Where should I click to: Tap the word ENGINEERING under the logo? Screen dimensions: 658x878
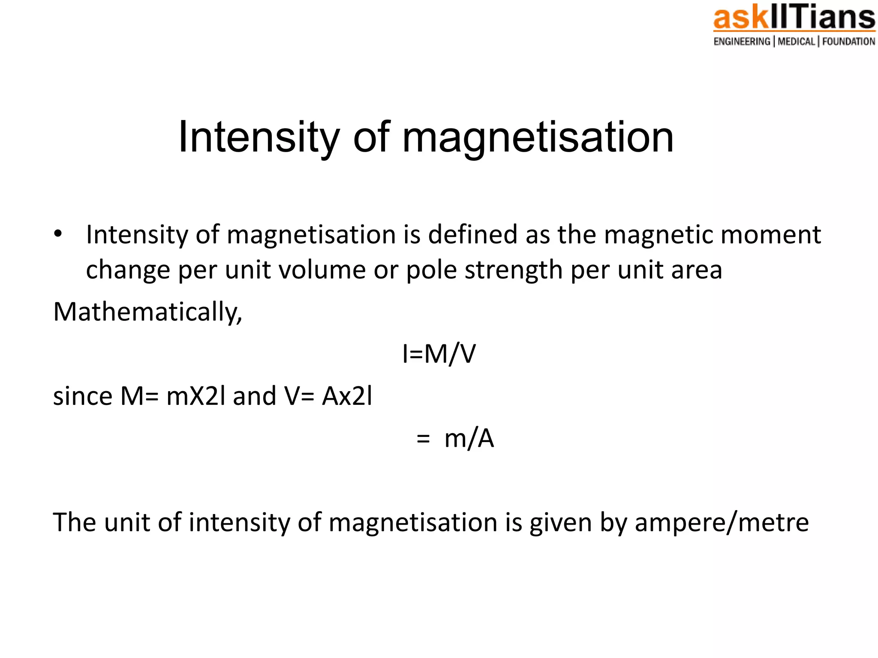(x=742, y=42)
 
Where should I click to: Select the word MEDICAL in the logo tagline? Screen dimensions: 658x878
(x=796, y=42)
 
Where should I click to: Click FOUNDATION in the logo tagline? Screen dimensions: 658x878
(x=848, y=42)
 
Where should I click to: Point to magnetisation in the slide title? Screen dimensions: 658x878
(x=538, y=137)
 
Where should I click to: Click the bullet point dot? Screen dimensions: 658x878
(x=58, y=234)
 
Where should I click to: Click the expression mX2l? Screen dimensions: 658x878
(x=195, y=396)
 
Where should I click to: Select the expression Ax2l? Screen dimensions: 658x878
(x=347, y=396)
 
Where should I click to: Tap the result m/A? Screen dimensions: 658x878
(x=469, y=439)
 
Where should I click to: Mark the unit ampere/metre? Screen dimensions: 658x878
(x=722, y=523)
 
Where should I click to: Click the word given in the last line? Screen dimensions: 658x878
(x=560, y=523)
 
